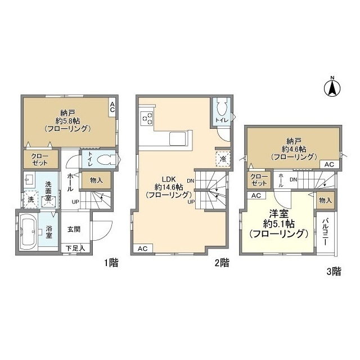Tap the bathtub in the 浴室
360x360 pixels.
[28, 232]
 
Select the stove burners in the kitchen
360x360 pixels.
[147, 118]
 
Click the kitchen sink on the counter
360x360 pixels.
[178, 138]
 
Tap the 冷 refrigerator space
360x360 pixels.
[223, 159]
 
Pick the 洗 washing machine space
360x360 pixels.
[30, 199]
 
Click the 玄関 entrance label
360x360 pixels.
[74, 229]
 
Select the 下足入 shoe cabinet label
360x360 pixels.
[75, 248]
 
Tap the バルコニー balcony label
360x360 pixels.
[325, 232]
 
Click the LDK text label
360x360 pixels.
[169, 179]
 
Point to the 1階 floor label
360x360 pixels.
[111, 263]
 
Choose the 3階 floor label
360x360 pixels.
[334, 271]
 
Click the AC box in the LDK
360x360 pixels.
[142, 249]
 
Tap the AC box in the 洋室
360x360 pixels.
[256, 195]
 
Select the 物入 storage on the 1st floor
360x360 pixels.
[96, 180]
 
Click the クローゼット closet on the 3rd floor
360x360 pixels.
[259, 180]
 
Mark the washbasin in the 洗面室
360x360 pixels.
[29, 179]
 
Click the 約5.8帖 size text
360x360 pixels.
[67, 120]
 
